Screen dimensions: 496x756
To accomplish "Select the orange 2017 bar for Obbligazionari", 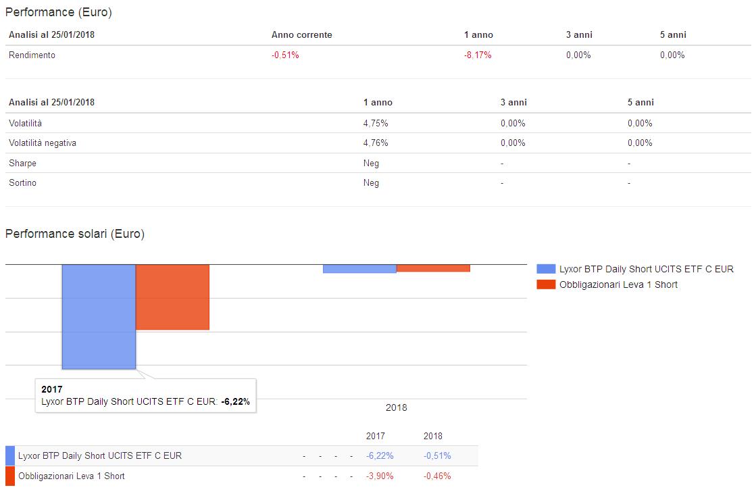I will (x=172, y=297).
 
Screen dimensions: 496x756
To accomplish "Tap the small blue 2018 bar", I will (x=359, y=269).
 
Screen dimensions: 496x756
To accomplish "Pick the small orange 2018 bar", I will (x=433, y=268).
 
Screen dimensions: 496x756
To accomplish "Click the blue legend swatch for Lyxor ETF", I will (x=546, y=269).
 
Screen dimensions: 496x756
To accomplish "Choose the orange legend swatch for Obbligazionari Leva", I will (x=546, y=284).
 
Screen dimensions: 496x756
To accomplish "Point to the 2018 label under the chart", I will (x=397, y=407).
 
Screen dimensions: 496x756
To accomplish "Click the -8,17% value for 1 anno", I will (x=478, y=55).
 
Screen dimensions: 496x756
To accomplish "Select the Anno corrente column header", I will (x=302, y=35).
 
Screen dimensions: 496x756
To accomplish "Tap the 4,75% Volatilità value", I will (x=376, y=124).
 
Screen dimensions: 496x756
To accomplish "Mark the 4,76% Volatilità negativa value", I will (x=376, y=143).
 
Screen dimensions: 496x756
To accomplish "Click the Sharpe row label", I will (x=23, y=164).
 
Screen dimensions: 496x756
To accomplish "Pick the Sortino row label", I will (x=24, y=183).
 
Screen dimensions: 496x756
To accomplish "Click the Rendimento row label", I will (x=32, y=55).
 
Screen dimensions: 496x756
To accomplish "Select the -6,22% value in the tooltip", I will (x=236, y=401).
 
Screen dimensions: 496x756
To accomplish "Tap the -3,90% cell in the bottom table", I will (x=380, y=476).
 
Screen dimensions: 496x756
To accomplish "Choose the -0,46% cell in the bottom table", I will (x=437, y=476).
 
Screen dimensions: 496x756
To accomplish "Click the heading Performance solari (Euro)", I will (x=75, y=234).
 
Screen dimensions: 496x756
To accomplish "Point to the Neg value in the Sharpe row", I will (x=371, y=164).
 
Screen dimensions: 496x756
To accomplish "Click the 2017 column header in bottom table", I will (x=376, y=436).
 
